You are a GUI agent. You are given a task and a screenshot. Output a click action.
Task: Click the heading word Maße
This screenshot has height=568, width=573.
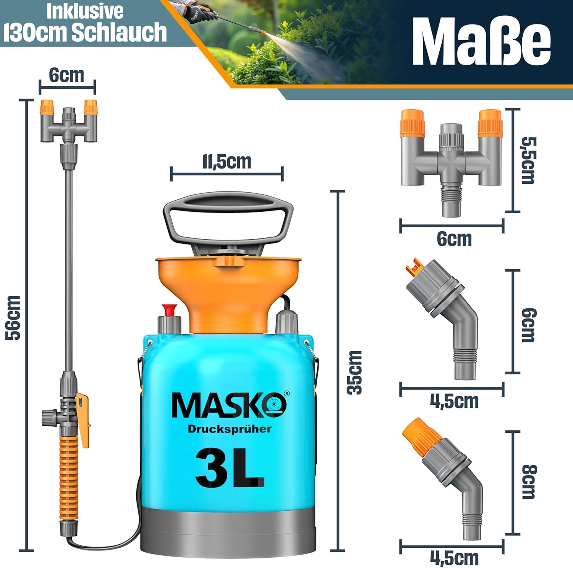click(481, 42)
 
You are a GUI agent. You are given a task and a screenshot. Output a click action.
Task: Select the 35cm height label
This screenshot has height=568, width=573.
click(355, 372)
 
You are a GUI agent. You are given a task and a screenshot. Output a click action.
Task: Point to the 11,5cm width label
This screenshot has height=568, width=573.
click(227, 162)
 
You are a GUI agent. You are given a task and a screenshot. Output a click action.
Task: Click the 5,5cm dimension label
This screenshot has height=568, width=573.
click(529, 161)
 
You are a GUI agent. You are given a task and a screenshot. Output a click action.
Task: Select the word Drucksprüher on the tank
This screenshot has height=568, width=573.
click(230, 429)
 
